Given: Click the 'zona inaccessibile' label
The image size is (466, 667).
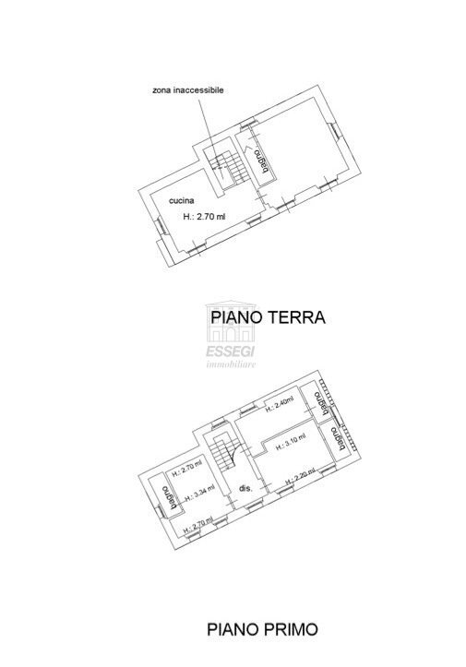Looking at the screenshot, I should point(188,90).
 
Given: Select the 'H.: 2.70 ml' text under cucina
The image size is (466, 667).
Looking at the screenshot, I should point(205,217).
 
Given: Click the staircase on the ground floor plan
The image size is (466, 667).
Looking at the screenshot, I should point(225,166).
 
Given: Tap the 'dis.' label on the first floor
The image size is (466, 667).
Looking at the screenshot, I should point(245,487).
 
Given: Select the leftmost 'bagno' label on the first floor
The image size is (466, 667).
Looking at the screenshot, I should point(167,496).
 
